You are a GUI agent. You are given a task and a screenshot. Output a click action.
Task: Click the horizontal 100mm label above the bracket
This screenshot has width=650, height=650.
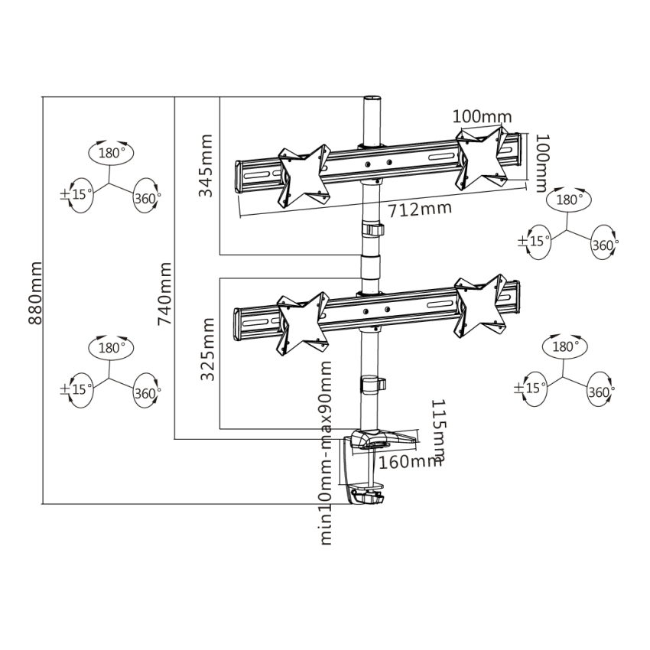tap(482, 116)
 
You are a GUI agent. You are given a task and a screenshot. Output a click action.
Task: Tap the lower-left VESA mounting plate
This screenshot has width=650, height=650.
tap(304, 320)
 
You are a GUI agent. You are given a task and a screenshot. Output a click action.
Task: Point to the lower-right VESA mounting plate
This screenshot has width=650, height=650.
tap(480, 305)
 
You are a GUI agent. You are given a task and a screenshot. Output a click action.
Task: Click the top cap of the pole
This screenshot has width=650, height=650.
tap(372, 99)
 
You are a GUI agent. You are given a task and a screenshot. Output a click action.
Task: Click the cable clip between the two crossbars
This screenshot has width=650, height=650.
tap(372, 231)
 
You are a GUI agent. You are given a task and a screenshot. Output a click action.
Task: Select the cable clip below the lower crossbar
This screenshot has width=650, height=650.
tap(372, 382)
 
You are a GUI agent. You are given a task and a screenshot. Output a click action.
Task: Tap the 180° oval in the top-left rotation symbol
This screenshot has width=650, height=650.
tap(111, 153)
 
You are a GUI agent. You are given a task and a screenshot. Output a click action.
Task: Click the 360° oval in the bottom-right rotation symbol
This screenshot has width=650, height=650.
tap(601, 392)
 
